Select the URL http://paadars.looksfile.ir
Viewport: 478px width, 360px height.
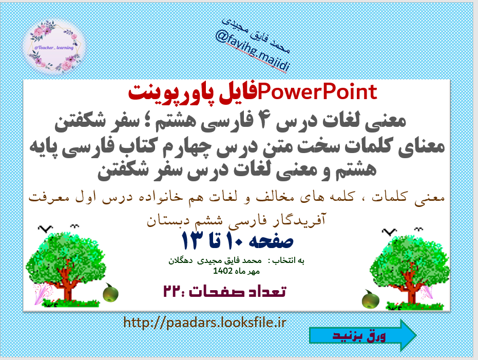pos(204,323)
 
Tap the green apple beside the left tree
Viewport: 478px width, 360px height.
pos(110,294)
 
